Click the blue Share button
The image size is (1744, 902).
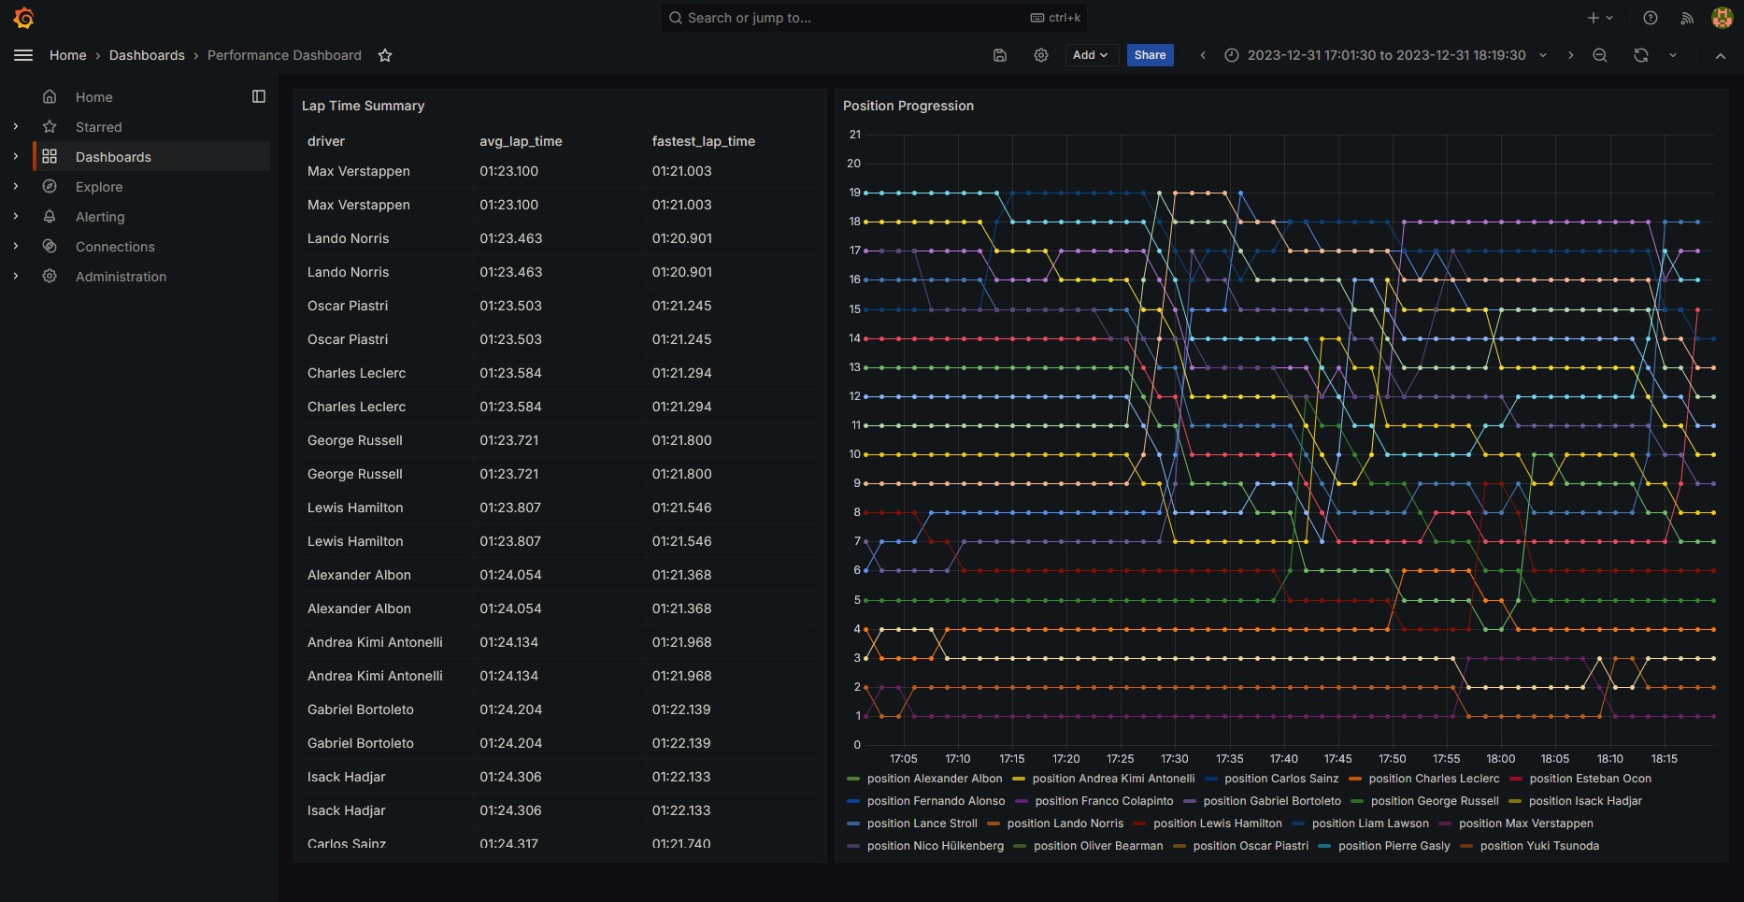tap(1150, 55)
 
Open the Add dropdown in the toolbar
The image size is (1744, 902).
tap(1090, 55)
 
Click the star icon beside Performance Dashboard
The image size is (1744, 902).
tap(385, 55)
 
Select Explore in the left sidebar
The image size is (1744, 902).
tap(99, 187)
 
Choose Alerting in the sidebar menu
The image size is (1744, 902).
tap(100, 217)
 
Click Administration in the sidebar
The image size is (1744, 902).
tap(121, 277)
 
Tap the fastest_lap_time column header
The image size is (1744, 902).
tap(703, 141)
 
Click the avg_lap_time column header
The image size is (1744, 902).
tap(521, 141)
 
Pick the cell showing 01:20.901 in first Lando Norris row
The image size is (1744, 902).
tap(681, 238)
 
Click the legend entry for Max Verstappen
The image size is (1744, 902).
tap(1525, 823)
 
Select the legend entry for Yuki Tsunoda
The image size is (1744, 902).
tap(1538, 846)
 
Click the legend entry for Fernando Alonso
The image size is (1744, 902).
tap(936, 801)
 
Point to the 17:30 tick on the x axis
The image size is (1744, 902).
tap(1174, 759)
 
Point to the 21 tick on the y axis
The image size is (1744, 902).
tap(854, 135)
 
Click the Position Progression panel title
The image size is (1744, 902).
tap(908, 106)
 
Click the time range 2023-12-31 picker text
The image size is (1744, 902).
tap(1385, 55)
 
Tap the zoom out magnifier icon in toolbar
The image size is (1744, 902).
tap(1600, 55)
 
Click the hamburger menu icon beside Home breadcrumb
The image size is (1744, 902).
tap(23, 55)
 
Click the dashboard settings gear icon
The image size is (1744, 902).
tap(1040, 55)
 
